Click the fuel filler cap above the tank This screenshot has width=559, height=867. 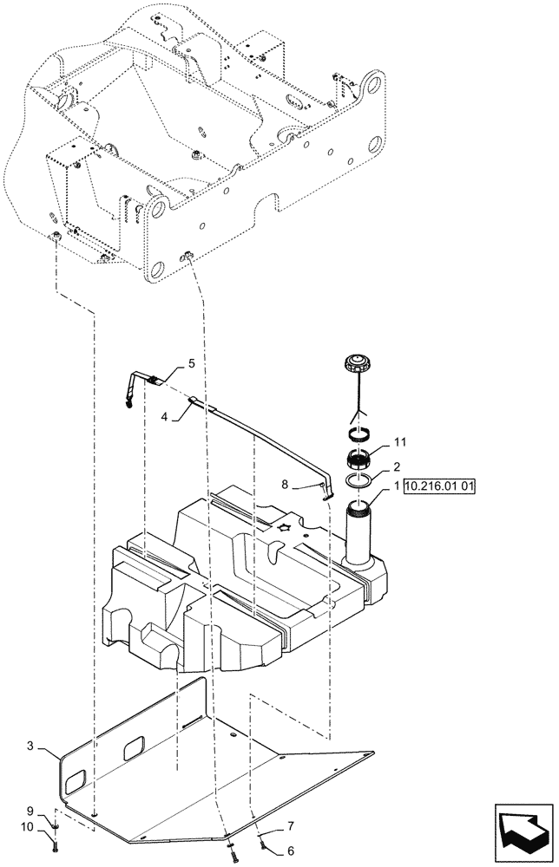coord(357,362)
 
